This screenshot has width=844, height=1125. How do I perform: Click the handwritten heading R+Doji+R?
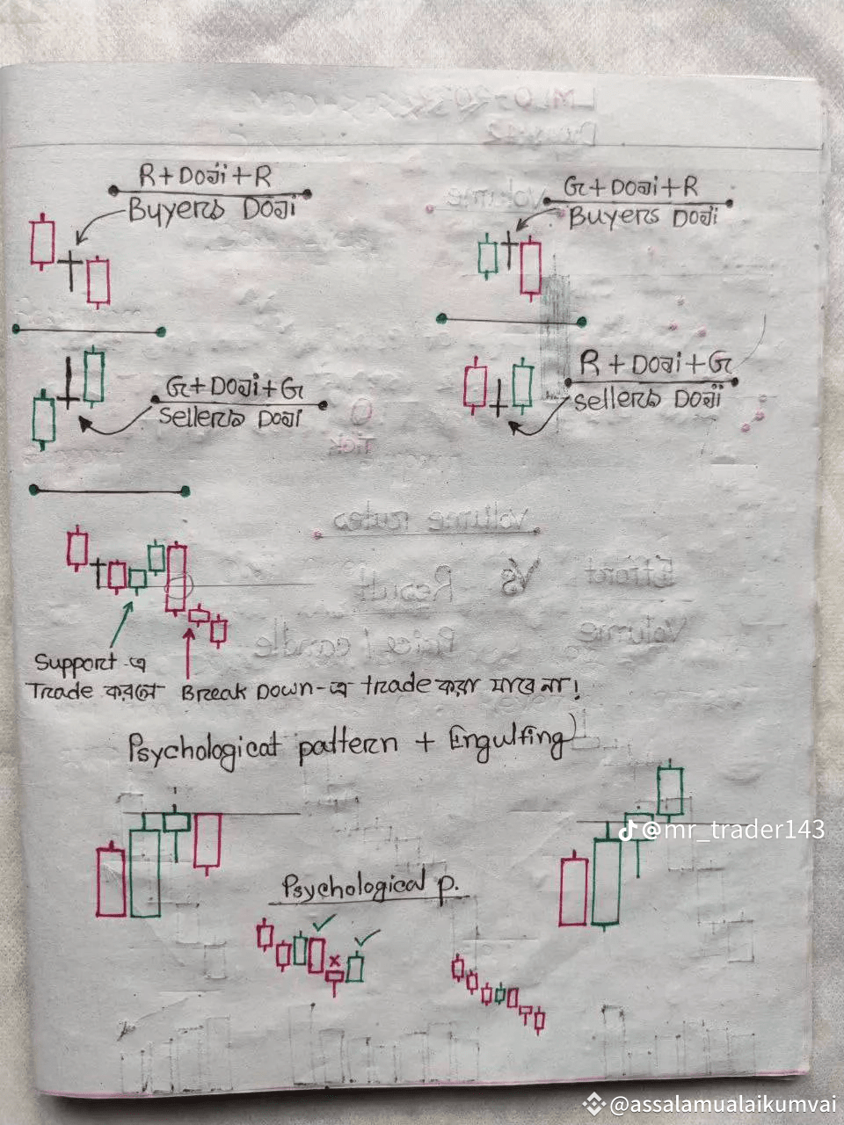(206, 176)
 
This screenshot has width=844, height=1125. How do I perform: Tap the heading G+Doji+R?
(631, 187)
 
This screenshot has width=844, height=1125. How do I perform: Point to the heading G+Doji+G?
(240, 387)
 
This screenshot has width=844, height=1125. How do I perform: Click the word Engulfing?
(507, 743)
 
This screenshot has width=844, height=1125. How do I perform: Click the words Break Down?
(245, 691)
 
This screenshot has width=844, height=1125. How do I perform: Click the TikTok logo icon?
(628, 830)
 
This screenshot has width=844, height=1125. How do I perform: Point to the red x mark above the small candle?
(335, 958)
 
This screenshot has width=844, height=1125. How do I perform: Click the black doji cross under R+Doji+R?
(69, 260)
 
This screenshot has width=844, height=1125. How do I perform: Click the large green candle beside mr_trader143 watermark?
(606, 881)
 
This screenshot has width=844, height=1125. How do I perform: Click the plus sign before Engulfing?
(426, 743)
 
